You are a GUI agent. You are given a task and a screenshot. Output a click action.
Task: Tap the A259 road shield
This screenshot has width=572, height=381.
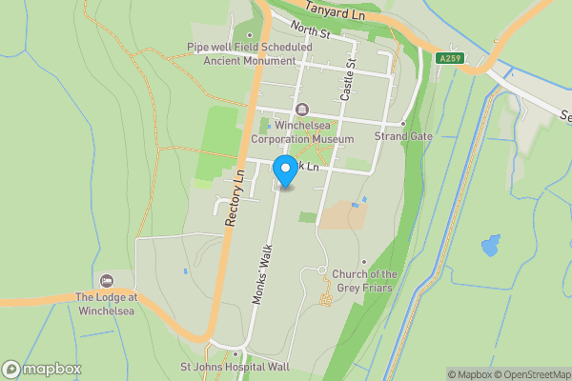coord(450,59)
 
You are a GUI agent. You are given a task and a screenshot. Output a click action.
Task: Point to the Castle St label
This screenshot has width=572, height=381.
coord(348,80)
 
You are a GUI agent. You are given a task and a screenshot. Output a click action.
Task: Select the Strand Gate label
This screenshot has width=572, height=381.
coord(403,137)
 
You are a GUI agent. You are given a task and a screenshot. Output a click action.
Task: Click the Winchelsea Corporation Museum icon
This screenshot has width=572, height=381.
coord(302,109)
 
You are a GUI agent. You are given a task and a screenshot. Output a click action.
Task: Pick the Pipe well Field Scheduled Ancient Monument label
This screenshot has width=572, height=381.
coord(250,53)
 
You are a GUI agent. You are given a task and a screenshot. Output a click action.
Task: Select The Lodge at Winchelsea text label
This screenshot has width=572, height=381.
coord(107,303)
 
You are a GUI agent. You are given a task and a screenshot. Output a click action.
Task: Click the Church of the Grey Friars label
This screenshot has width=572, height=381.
coord(364,281)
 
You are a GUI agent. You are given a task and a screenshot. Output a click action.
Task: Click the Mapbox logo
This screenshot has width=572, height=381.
coord(42,370)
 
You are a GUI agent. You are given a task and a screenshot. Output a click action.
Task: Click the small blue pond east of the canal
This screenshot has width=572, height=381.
coord(491,246)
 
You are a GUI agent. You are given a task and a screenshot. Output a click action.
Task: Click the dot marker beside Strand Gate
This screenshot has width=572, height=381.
coord(403,124)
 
